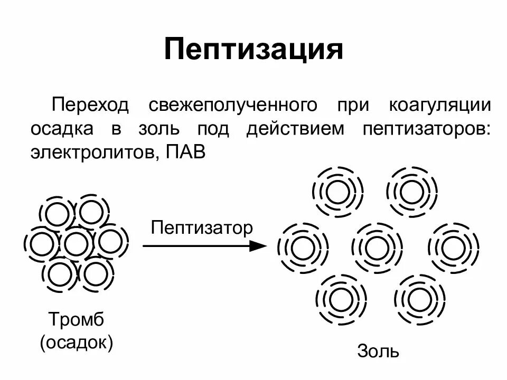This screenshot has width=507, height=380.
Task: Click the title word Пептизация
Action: [x=253, y=50]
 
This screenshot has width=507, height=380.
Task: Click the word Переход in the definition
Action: [x=90, y=104]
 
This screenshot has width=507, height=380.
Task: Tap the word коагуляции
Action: [x=439, y=104]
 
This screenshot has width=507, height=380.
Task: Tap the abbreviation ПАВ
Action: [x=184, y=153]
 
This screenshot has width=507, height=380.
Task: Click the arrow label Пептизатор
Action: [x=201, y=228]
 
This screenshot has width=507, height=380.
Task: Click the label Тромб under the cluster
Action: [x=76, y=319]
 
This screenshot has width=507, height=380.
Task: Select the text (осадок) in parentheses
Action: [x=77, y=343]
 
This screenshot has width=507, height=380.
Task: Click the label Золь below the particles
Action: [x=378, y=351]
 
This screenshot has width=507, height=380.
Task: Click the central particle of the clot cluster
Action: [x=75, y=243]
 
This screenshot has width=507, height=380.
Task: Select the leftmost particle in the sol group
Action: [x=303, y=249]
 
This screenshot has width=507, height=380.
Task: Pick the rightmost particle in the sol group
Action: [x=453, y=249]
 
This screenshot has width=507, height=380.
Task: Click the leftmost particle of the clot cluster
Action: [x=42, y=243]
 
